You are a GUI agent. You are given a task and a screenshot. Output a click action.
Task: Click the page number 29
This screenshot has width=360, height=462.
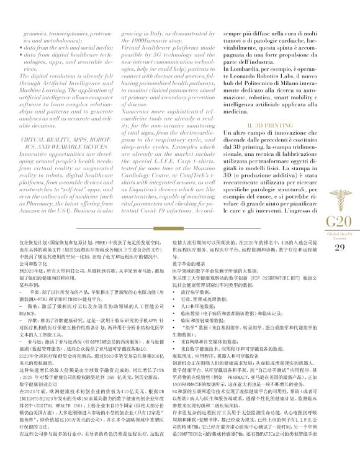339,248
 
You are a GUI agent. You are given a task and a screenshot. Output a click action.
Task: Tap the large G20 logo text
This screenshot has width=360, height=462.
339,220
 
